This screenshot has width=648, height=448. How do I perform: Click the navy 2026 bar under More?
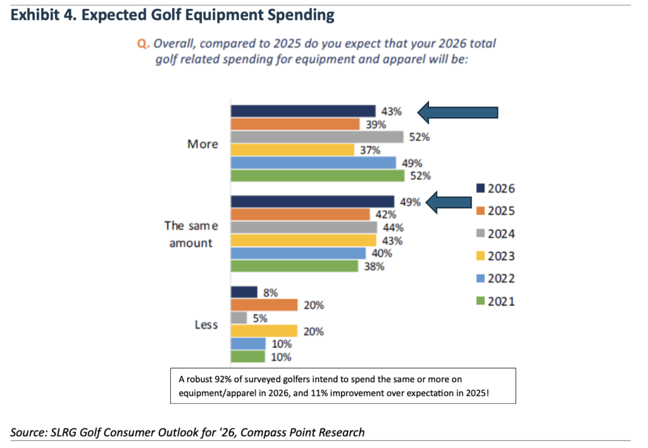303,111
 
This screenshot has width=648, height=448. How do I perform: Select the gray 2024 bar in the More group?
317,137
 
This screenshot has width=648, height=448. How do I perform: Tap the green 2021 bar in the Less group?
247,357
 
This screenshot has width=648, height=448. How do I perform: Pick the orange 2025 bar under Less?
264,305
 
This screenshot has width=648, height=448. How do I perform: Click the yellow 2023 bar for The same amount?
303,240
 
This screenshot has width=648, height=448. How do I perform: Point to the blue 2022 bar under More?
313,163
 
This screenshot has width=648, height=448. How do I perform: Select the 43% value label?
391,111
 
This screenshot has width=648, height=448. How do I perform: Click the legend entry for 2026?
496,188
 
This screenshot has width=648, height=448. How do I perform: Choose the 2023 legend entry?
496,256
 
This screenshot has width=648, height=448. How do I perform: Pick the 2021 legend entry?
496,301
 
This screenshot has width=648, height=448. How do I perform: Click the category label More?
202,144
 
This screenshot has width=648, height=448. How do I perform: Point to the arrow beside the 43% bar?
457,113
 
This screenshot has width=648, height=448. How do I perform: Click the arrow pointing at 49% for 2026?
449,203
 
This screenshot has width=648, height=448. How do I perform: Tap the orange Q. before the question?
142,45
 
